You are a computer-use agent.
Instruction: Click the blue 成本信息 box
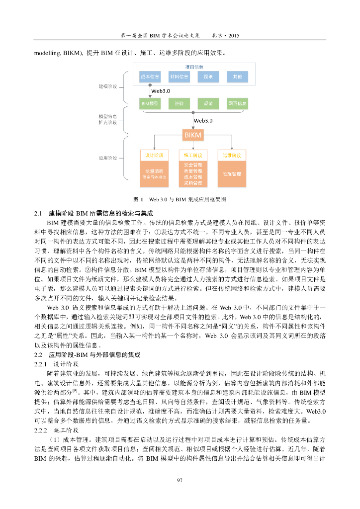point(150,77)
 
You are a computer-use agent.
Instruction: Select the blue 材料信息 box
point(179,77)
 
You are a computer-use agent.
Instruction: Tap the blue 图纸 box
point(208,77)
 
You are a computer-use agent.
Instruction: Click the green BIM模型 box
point(150,103)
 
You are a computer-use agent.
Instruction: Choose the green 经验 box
point(179,103)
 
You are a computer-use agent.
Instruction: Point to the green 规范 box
point(208,103)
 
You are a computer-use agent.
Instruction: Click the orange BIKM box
point(193,135)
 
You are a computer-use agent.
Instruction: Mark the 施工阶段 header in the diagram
point(193,155)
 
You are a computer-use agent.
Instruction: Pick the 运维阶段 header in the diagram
point(232,155)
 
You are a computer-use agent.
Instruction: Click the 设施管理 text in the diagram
point(232,174)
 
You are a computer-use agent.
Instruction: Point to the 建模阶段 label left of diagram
point(107,86)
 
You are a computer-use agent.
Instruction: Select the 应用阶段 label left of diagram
point(107,158)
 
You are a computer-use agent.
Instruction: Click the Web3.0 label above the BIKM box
point(203,120)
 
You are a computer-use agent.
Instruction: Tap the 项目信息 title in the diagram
point(193,67)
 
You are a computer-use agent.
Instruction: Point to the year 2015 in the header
point(234,36)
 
